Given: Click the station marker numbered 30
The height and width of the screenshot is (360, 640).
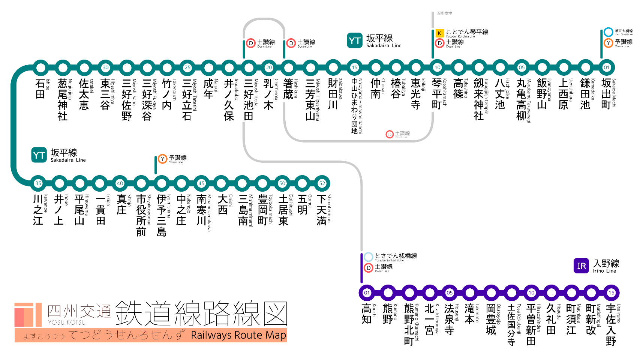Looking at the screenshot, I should click(x=105, y=68).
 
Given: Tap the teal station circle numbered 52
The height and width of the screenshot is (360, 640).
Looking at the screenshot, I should click(x=322, y=183).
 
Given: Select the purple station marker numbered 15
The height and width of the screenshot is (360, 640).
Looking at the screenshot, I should click(x=611, y=293).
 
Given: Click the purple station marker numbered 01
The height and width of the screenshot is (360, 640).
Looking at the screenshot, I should click(x=367, y=293).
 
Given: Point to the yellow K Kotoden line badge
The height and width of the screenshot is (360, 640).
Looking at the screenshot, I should click(x=439, y=33).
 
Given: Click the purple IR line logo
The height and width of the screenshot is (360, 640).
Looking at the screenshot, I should click(x=581, y=266).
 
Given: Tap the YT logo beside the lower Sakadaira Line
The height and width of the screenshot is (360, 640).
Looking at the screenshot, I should click(x=39, y=155).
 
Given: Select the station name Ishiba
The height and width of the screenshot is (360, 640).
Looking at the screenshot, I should click(x=40, y=88).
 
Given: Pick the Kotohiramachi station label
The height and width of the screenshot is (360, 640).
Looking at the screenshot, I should click(x=437, y=94).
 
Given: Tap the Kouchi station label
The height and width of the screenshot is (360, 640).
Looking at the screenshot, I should click(x=367, y=314).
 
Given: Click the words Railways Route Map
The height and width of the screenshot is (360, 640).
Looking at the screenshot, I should click(x=238, y=335).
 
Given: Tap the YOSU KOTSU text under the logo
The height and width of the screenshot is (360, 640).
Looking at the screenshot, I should click(x=67, y=322).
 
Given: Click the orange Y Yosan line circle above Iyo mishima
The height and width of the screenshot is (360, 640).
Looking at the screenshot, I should click(x=162, y=159).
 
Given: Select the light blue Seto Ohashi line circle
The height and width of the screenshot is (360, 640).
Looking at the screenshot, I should click(x=608, y=32).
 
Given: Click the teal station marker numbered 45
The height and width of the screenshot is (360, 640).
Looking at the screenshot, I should click(x=201, y=183).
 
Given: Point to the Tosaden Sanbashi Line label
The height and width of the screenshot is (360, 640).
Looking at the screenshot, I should click(x=396, y=256).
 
